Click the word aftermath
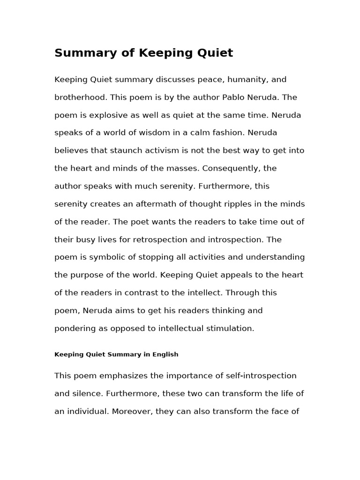tap(147, 204)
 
